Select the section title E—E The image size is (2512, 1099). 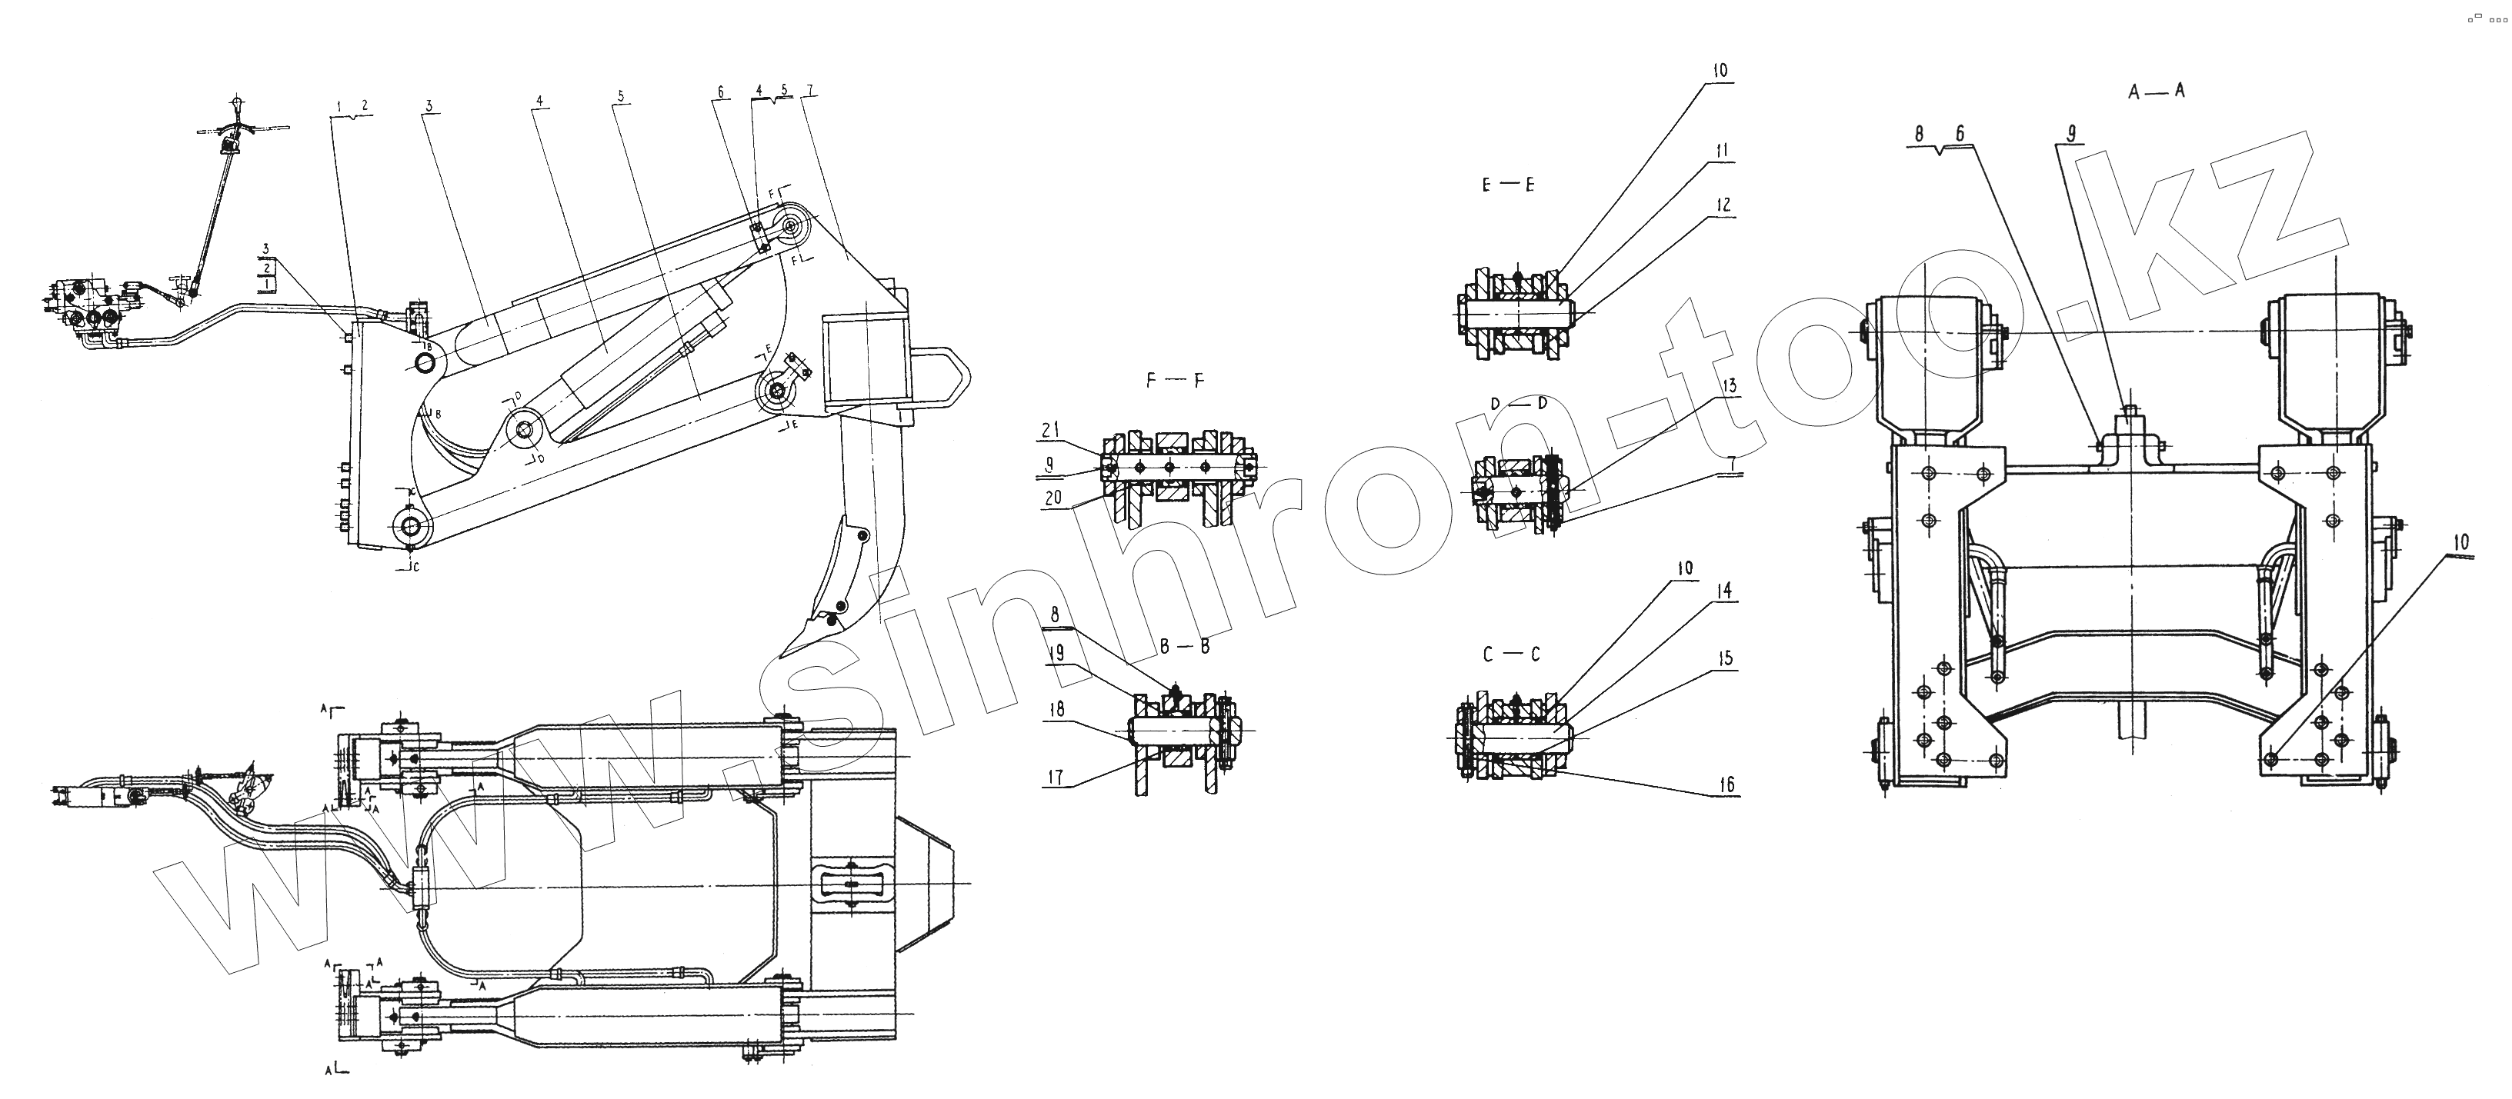(x=1509, y=185)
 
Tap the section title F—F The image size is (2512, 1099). (x=1174, y=381)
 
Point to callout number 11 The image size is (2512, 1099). (x=1721, y=152)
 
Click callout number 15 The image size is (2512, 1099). (x=1726, y=659)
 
